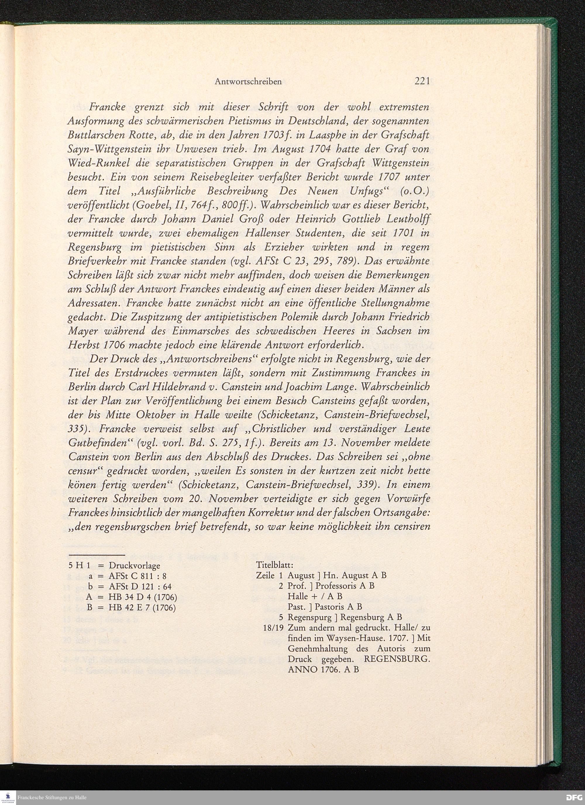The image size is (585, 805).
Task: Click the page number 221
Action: pyautogui.click(x=422, y=81)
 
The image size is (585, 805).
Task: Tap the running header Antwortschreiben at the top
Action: pyautogui.click(x=248, y=82)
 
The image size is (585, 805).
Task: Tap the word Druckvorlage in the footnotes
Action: pyautogui.click(x=135, y=565)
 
